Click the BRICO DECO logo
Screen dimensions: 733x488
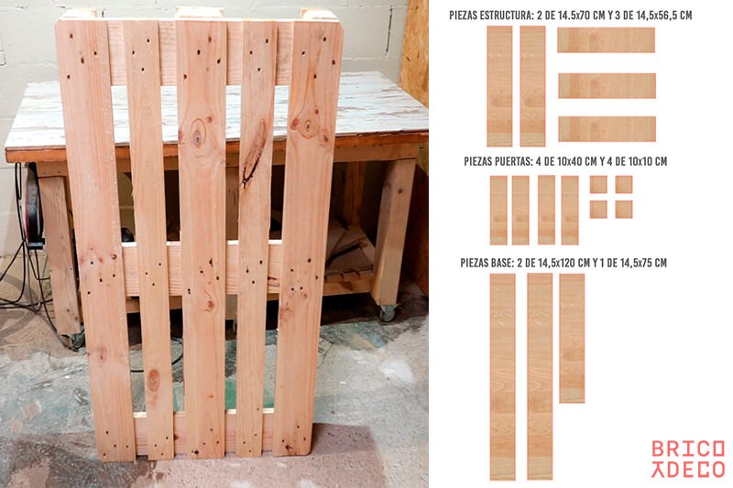(x=688, y=459)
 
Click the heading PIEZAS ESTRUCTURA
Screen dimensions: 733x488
(x=489, y=16)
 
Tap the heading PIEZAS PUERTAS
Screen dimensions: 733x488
(x=497, y=161)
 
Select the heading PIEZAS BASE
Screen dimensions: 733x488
(x=486, y=263)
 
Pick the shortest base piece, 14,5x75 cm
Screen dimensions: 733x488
(x=572, y=338)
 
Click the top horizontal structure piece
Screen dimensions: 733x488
(x=606, y=39)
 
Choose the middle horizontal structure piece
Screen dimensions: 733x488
(x=607, y=85)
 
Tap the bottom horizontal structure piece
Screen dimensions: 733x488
(x=607, y=129)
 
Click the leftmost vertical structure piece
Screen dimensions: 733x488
(x=499, y=86)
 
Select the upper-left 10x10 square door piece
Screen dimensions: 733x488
(x=598, y=184)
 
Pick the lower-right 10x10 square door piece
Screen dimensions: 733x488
(x=624, y=210)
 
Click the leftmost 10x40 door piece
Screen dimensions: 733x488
(x=498, y=211)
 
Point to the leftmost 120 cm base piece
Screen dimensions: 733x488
(x=502, y=376)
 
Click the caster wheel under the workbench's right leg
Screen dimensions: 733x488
(x=388, y=314)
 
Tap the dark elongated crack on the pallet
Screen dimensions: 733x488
(x=255, y=154)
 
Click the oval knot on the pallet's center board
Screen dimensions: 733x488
(x=198, y=134)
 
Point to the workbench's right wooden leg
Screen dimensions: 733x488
(x=394, y=232)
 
